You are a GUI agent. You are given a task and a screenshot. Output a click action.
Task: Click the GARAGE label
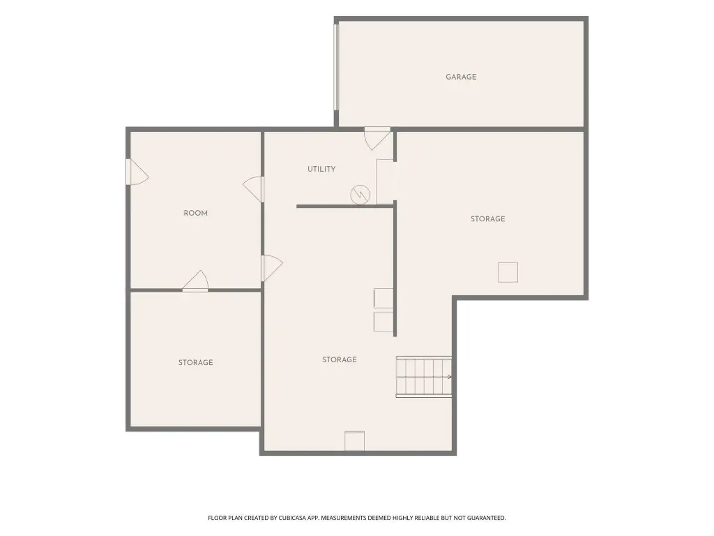[x=461, y=77]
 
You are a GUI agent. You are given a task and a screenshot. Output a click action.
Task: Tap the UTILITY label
[x=321, y=169]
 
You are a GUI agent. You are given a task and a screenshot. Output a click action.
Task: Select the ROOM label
[x=195, y=213]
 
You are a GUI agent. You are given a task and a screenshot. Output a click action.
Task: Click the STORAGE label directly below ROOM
[x=195, y=362]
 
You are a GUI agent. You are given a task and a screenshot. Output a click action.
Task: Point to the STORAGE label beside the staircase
[x=340, y=359]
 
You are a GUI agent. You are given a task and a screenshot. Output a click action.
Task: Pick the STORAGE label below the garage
[x=487, y=218]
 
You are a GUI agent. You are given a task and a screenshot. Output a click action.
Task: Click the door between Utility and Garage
[x=377, y=139]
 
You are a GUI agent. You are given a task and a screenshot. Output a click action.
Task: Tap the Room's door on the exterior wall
[x=137, y=172]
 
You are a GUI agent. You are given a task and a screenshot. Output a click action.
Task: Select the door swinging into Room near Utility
[x=253, y=189]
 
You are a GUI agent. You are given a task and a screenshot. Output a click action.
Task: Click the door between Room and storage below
[x=195, y=281]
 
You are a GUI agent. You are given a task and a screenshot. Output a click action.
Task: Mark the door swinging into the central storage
[x=272, y=268]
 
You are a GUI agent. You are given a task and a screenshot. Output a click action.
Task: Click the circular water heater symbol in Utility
[x=360, y=195]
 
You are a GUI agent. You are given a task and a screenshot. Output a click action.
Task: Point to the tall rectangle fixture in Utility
[x=385, y=182]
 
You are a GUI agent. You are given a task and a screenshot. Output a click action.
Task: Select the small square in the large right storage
[x=508, y=273]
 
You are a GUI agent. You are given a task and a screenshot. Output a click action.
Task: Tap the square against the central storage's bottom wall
[x=354, y=441]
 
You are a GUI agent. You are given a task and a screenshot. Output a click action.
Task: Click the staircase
[x=424, y=377]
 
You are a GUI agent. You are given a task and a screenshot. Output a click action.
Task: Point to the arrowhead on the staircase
[x=450, y=377]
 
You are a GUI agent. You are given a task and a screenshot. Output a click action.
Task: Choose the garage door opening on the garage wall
[x=336, y=68]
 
